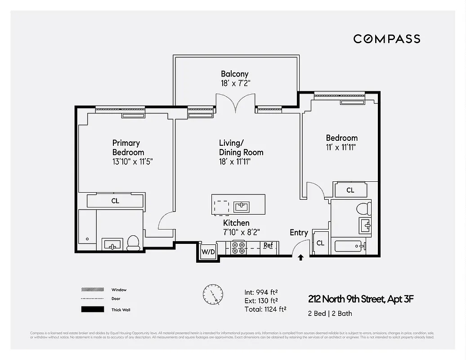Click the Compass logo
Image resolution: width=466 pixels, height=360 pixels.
tap(386, 39)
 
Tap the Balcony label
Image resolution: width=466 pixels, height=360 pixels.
tap(234, 74)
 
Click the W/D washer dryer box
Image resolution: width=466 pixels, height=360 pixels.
tap(207, 251)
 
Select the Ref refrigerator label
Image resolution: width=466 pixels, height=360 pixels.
tap(268, 246)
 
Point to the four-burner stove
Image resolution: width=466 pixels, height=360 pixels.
tap(238, 248)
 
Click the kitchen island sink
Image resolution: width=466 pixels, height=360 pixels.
tap(242, 207)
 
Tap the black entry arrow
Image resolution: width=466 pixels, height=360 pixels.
tap(300, 257)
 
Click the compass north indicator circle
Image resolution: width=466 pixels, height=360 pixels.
tap(213, 295)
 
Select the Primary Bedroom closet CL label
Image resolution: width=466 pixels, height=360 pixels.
tap(115, 201)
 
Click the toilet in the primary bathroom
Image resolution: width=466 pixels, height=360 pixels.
tap(134, 243)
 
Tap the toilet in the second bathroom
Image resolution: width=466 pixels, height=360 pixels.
tap(363, 208)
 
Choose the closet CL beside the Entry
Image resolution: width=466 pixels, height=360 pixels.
tap(320, 243)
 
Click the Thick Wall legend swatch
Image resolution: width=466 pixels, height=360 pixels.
tap(92, 310)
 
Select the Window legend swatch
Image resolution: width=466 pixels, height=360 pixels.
tap(92, 290)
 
